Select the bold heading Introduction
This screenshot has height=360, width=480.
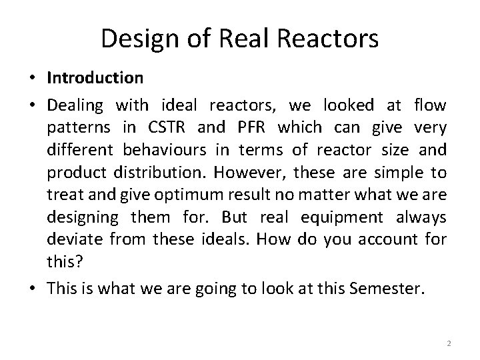coord(95,78)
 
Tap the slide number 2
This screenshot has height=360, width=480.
coord(449,343)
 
